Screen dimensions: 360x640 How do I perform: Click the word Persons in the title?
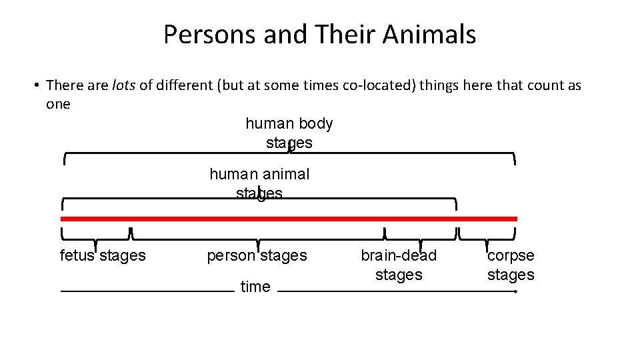pos(211,35)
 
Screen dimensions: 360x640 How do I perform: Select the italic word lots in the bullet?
pos(124,85)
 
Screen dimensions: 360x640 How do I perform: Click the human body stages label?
pos(289,133)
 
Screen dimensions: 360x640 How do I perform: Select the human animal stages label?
pos(259,183)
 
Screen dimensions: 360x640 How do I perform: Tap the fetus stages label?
pos(103,255)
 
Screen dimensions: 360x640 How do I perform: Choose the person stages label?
pos(257,255)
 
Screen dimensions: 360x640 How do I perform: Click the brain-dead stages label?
pos(399,265)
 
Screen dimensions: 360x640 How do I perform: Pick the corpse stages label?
pos(511,265)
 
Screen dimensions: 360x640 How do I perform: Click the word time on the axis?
pos(255,287)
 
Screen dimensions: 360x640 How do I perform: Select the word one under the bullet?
pos(58,104)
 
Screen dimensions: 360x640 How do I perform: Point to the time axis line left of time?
pos(147,291)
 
